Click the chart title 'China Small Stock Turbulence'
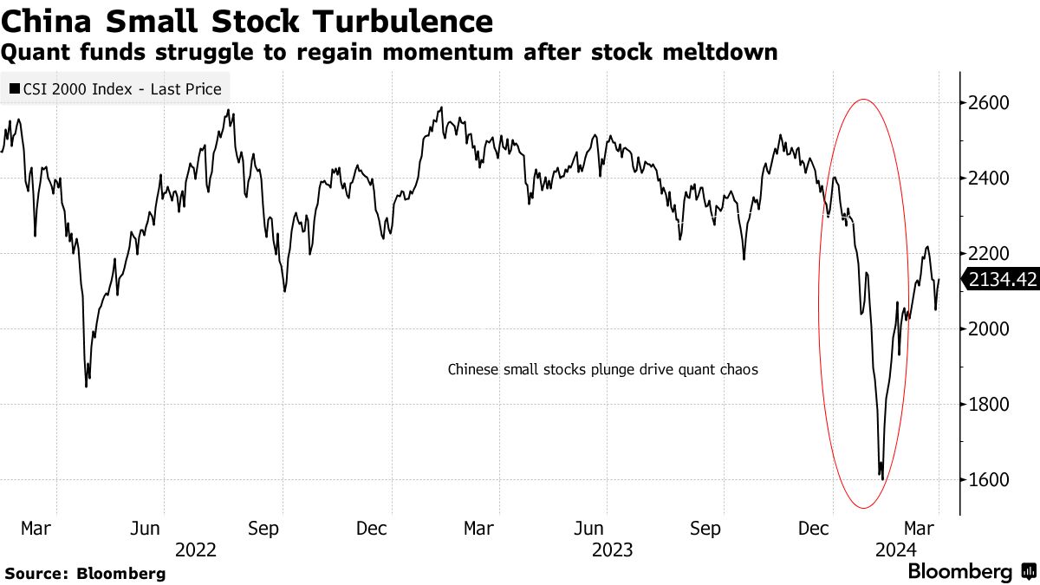pos(247,20)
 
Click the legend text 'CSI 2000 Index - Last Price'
pos(121,88)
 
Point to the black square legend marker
pos(15,88)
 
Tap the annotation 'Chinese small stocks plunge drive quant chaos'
pos(602,369)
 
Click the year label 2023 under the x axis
pos(613,549)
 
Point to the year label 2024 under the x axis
pos(893,549)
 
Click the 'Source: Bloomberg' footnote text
pos(84,573)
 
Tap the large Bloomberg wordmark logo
pos(959,572)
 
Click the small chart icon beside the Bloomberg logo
pos(1027,572)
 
